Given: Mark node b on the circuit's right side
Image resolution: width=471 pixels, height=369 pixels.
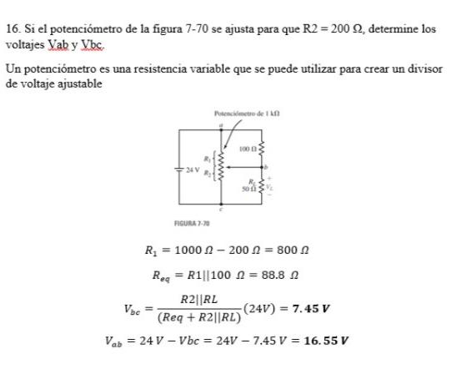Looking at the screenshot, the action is pyautogui.click(x=264, y=167).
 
